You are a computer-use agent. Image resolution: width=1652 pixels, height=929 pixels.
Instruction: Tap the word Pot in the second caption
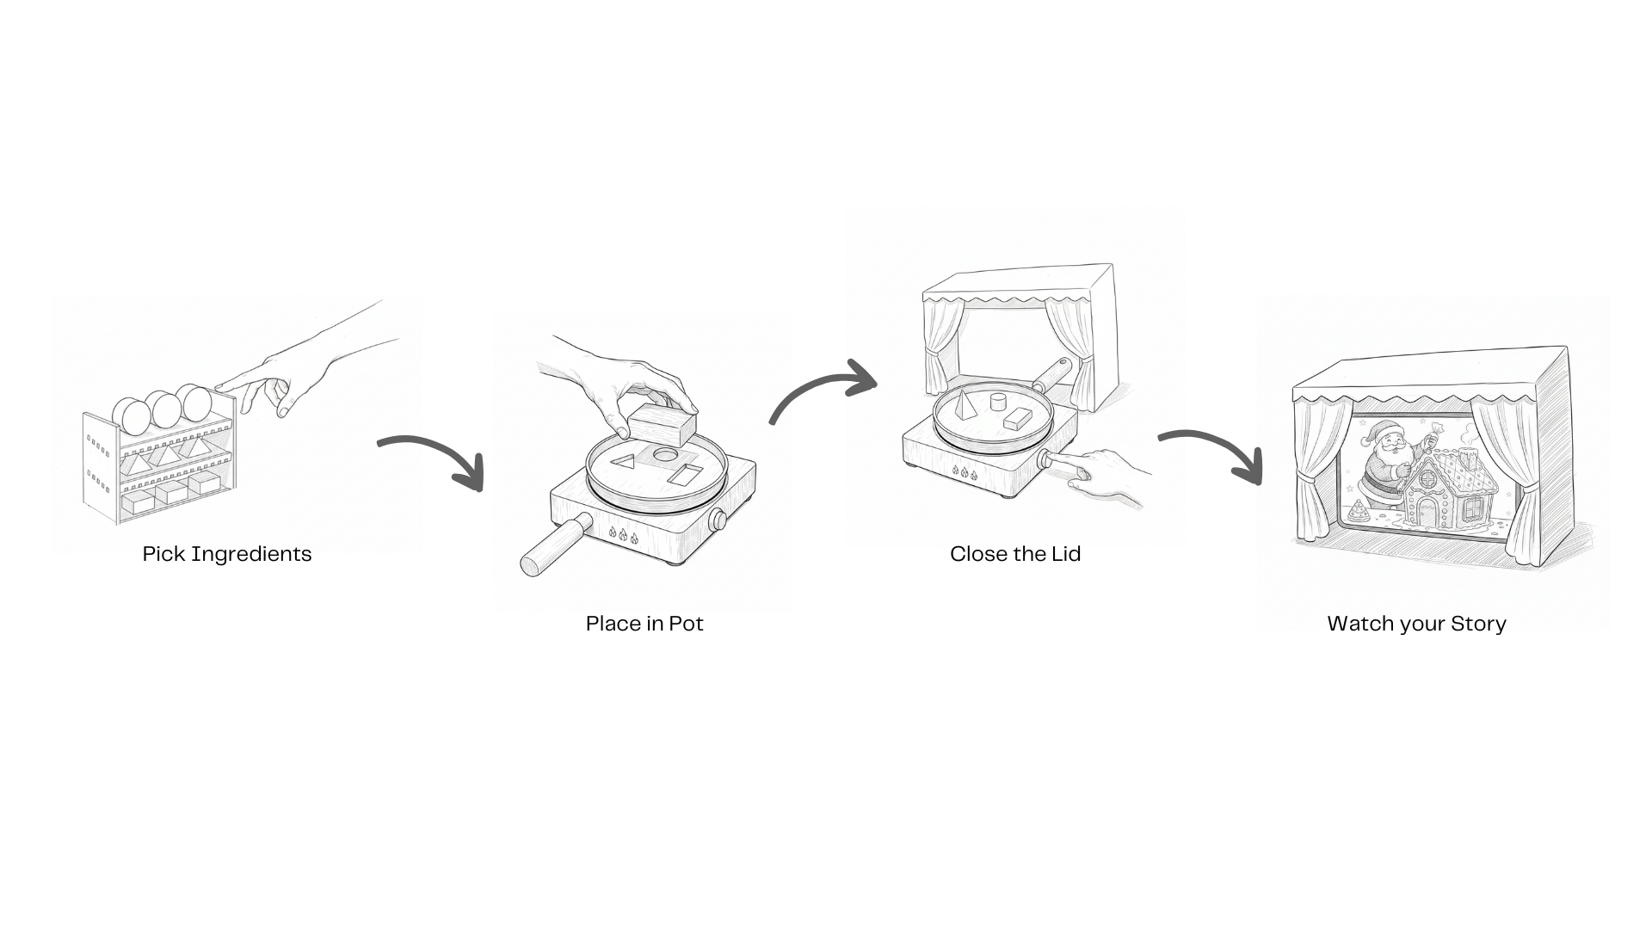coord(686,624)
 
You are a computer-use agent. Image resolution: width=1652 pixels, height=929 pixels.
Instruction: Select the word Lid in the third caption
coord(1065,554)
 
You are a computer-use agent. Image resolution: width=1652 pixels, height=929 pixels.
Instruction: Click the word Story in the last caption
coord(1478,624)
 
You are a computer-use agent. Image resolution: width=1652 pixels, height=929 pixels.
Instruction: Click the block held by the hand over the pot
coord(661,425)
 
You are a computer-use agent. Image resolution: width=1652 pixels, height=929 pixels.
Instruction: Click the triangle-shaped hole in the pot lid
coord(624,462)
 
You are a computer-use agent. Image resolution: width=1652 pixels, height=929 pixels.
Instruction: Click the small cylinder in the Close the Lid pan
coord(998,402)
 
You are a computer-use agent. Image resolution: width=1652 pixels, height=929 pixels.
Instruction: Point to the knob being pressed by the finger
coord(1046,460)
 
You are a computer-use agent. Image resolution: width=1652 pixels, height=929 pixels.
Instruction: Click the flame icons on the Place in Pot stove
coord(623,536)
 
